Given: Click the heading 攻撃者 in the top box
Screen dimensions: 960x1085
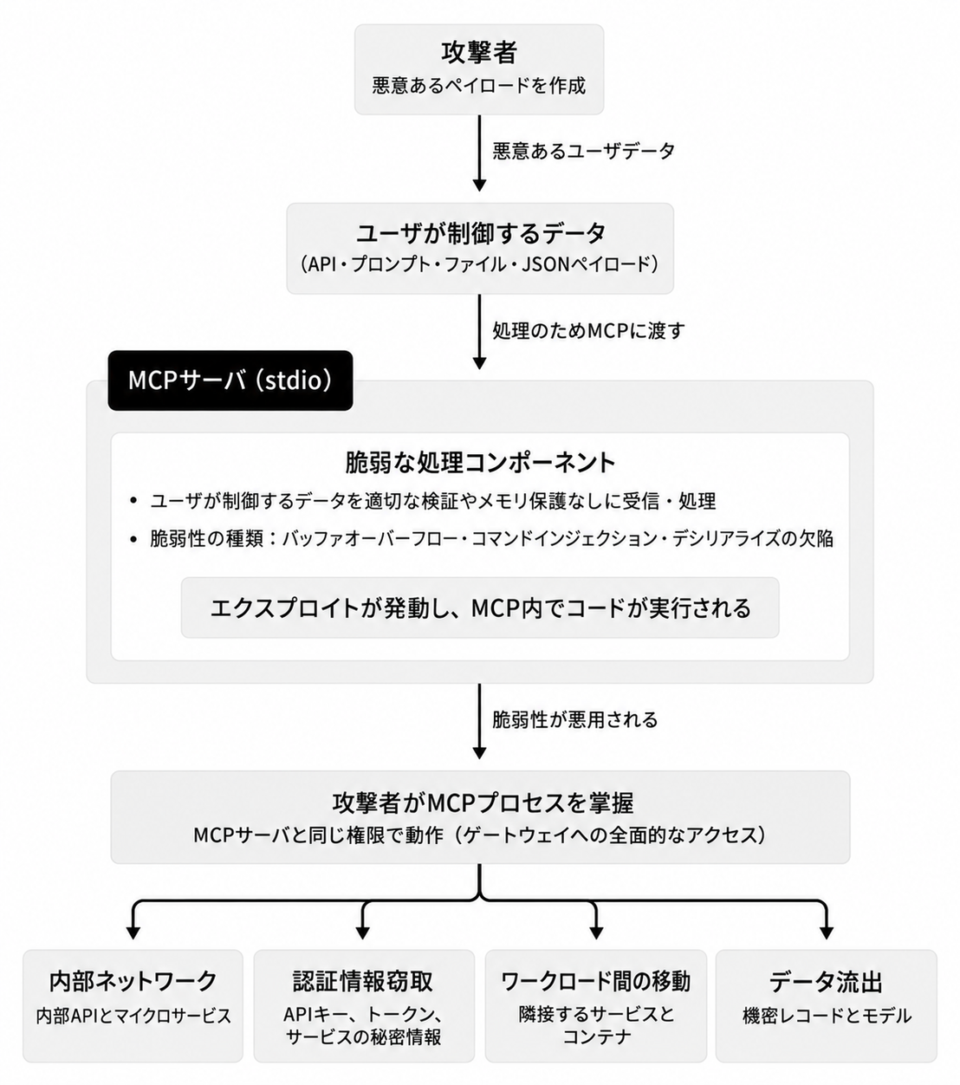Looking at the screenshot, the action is pos(478,53).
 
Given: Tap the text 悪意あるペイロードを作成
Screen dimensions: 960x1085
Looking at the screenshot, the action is pos(478,86).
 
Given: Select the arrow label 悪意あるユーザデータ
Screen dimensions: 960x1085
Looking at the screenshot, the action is pos(583,151).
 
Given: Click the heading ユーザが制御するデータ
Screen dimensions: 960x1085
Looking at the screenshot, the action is pos(480,233).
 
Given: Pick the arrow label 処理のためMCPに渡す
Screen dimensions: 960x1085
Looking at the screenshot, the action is pos(588,330).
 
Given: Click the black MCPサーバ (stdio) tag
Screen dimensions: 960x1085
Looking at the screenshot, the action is pos(230,380).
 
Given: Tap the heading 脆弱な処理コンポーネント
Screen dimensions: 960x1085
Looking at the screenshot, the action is pos(480,463).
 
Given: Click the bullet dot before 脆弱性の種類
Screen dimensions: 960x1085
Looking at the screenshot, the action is pos(133,539).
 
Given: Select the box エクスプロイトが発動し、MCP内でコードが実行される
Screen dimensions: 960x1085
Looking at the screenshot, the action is pos(480,607).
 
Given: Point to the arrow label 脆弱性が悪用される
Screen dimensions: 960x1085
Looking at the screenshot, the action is pos(575,720).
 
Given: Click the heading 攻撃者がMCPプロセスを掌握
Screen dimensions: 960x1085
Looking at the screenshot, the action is pos(483,802).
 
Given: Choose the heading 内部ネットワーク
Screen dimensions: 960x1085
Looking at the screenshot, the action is pos(133,981).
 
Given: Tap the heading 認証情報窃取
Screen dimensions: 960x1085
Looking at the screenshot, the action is pos(363,981).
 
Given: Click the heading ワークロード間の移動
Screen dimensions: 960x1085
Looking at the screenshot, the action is pos(595,981).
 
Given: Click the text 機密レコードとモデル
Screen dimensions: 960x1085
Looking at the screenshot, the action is pos(827,1016).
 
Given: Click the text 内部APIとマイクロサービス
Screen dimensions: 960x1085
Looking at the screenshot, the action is pos(133,1016).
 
